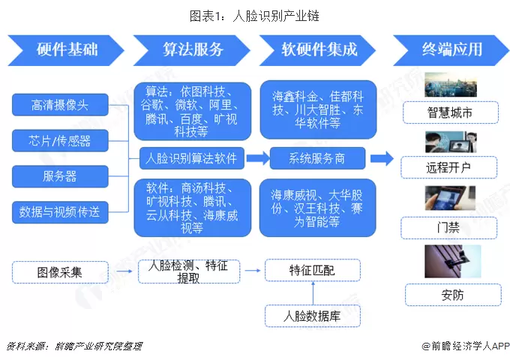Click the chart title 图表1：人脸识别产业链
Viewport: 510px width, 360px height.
[x=255, y=15]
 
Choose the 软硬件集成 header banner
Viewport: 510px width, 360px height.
[x=318, y=50]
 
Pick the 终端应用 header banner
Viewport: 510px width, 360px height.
[x=447, y=50]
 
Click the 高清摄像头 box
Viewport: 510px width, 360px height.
[x=60, y=105]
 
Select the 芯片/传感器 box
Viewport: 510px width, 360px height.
[x=60, y=140]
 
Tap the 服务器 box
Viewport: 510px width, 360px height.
[x=60, y=176]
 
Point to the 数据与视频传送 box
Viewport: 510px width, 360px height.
[x=60, y=212]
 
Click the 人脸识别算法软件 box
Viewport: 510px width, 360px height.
[x=191, y=158]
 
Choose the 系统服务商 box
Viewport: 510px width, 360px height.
[x=316, y=158]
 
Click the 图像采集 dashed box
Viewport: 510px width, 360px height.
[x=60, y=271]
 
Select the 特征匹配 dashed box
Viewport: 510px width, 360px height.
[x=313, y=270]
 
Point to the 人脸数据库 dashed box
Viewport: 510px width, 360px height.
[x=313, y=316]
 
